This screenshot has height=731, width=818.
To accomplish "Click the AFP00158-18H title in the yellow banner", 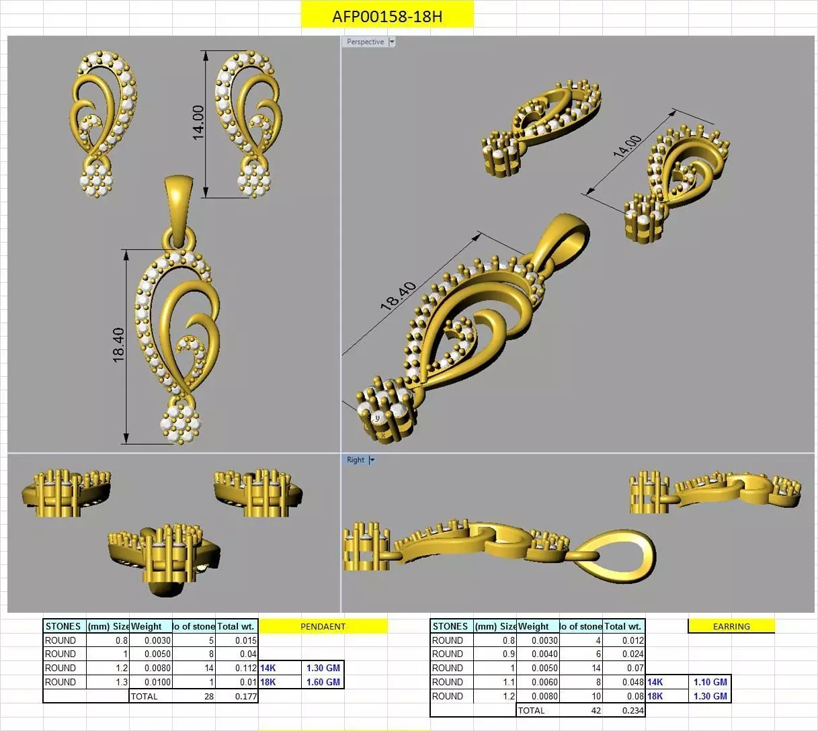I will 387,16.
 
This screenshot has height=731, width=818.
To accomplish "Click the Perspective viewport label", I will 366,42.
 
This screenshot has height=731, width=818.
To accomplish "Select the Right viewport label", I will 356,460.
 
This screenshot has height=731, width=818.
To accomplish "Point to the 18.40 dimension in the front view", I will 119,345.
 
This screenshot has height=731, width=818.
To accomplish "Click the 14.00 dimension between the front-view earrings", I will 198,122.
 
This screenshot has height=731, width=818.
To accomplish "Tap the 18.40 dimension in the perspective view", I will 398,296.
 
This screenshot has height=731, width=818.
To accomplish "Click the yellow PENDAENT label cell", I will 323,626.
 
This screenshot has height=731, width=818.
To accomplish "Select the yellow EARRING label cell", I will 731,626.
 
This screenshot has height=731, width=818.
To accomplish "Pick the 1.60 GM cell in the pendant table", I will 323,682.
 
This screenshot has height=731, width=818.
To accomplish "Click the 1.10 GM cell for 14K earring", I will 710,682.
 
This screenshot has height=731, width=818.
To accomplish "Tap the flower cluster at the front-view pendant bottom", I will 180,424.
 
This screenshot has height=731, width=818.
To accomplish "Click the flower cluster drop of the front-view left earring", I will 96,180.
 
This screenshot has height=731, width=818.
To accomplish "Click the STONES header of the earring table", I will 450,626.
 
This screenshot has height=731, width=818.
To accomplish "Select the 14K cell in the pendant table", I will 268,668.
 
